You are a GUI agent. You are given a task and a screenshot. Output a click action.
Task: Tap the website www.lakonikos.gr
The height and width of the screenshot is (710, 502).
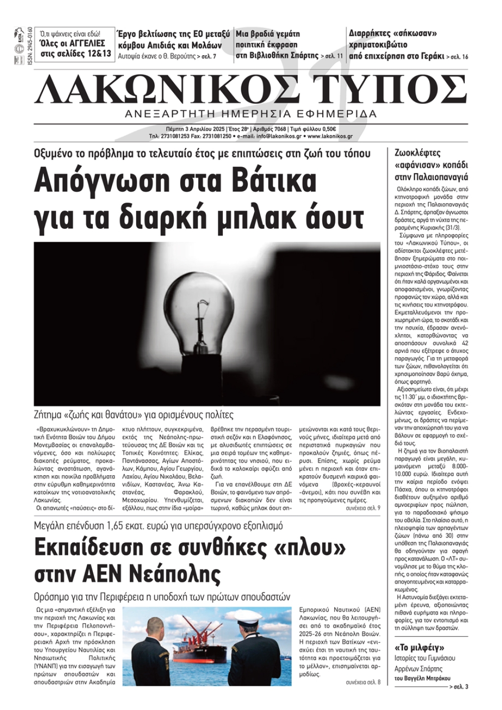point(330,136)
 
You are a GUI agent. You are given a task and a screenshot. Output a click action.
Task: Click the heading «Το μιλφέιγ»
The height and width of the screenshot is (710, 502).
point(420,647)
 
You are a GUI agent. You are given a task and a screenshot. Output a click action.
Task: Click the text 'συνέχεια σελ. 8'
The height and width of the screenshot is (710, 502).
point(363,682)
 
